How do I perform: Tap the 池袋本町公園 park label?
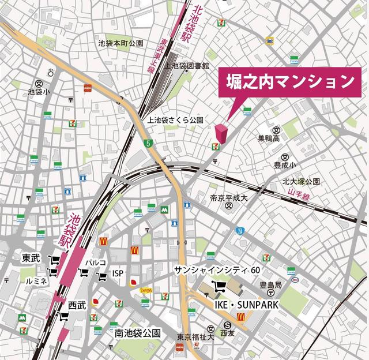point(121,43)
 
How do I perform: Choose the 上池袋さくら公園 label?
point(176,120)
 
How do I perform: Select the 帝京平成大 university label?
point(229,198)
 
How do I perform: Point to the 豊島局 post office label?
point(270,285)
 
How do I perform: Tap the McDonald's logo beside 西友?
point(242,316)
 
